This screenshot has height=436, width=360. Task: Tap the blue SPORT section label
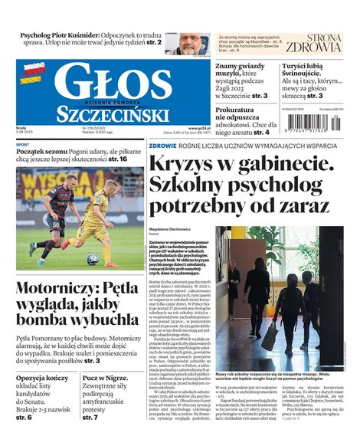23,144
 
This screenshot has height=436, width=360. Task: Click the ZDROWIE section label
163,145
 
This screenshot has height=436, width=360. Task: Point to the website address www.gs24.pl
199,128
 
